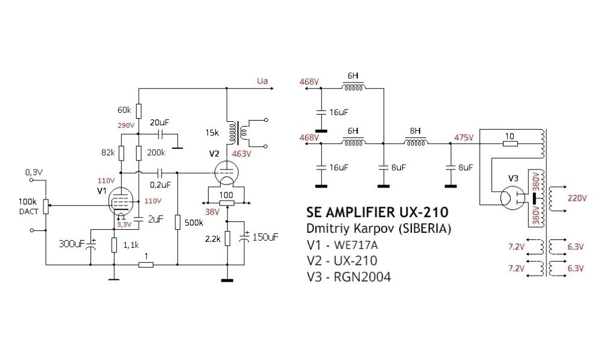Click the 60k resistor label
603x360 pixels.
click(124, 110)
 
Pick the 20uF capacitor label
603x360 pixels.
click(160, 122)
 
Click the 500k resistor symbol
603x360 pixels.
click(178, 223)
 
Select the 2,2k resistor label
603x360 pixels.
click(214, 239)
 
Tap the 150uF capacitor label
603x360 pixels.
click(265, 238)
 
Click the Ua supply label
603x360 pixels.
click(262, 81)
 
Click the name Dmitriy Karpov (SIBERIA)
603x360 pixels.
click(378, 230)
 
